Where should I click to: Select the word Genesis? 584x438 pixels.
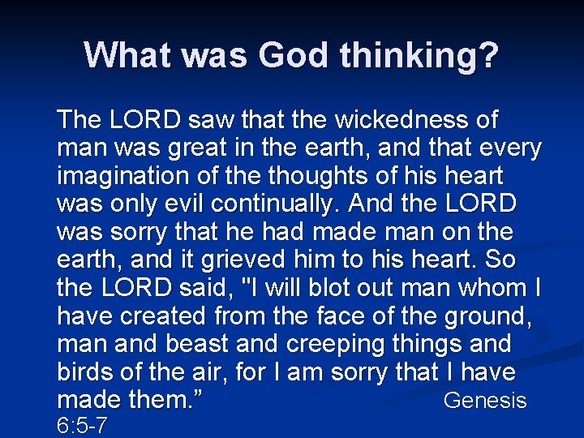click(x=485, y=401)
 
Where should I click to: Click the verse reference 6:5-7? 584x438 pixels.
click(x=83, y=425)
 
